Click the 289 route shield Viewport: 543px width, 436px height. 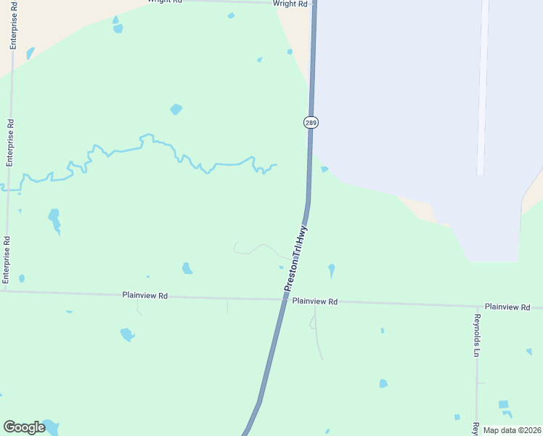311,122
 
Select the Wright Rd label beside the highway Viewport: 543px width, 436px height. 290,4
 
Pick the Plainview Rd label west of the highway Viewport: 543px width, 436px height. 145,296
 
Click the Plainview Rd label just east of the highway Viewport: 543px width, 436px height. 316,302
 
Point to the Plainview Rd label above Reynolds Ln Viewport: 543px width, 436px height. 507,307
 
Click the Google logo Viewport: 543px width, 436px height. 24,427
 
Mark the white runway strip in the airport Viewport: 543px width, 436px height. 482,87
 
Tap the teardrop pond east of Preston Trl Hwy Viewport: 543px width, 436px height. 332,270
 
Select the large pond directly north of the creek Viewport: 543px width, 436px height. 176,110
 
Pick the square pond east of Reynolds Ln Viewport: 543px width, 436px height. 503,404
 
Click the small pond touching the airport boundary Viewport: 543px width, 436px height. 324,169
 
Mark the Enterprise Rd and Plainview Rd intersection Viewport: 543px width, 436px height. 4,291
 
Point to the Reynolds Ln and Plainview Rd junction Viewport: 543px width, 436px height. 477,306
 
